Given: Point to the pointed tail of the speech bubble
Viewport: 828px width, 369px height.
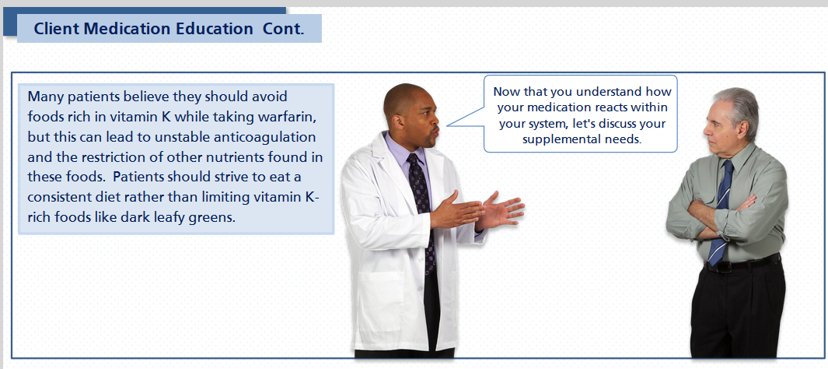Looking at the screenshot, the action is click(x=447, y=126).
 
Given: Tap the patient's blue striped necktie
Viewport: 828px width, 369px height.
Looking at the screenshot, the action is click(x=720, y=212).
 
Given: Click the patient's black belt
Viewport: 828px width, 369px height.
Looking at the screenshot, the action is click(x=742, y=264).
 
